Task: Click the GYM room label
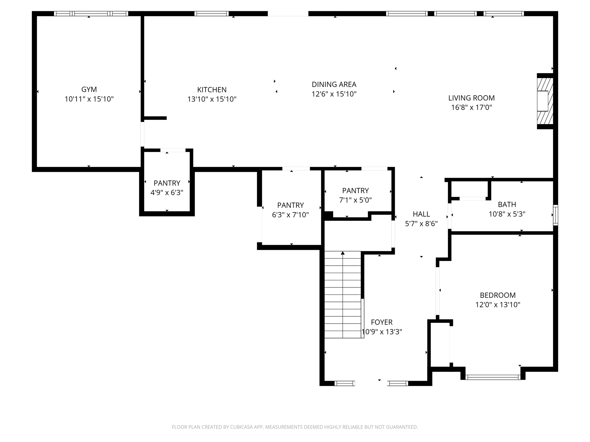tap(89, 89)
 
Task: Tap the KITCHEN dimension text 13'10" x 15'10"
tap(212, 99)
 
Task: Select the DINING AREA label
tap(334, 84)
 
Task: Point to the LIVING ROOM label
tap(471, 98)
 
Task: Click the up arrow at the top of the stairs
tap(343, 253)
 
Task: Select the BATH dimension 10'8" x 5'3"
tap(507, 214)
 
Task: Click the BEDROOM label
tap(498, 295)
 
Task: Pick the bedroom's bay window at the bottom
tap(493, 377)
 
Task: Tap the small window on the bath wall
tap(555, 215)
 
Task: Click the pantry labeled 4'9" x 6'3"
tap(167, 188)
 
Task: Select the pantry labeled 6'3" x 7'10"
tap(290, 210)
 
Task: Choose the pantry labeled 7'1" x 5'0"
tap(355, 195)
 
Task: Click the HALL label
tap(421, 214)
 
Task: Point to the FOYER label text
tap(381, 322)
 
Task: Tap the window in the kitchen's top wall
tap(211, 14)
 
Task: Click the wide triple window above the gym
tap(91, 14)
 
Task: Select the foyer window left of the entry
tap(345, 383)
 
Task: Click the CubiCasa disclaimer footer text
tap(295, 427)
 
